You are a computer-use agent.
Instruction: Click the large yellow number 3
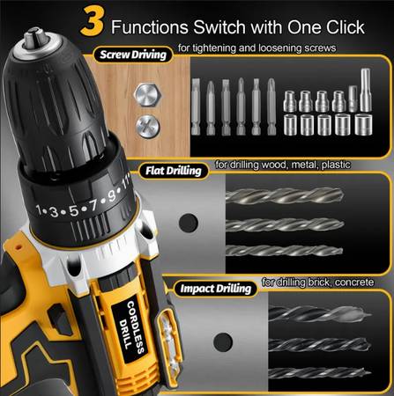[x=93, y=21]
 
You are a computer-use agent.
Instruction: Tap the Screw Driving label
[x=133, y=55]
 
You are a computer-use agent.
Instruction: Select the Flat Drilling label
[x=174, y=171]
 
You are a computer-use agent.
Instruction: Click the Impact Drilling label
[x=216, y=289]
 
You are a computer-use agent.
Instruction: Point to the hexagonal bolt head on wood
[x=147, y=95]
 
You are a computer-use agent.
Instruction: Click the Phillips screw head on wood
[x=148, y=127]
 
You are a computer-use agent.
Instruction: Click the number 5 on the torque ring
[x=74, y=210]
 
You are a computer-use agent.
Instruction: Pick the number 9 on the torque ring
[x=112, y=196]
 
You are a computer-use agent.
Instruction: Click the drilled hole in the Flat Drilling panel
[x=189, y=222]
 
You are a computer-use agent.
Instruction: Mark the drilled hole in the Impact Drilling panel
[x=223, y=342]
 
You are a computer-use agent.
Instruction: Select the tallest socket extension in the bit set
[x=366, y=90]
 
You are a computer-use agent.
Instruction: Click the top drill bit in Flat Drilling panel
[x=284, y=195]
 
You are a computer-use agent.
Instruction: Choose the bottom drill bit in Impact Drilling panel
[x=320, y=373]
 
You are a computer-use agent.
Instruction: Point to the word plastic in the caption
[x=336, y=165]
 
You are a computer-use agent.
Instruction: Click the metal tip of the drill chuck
[x=35, y=37]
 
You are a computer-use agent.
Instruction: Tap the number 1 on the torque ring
[x=39, y=209]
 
